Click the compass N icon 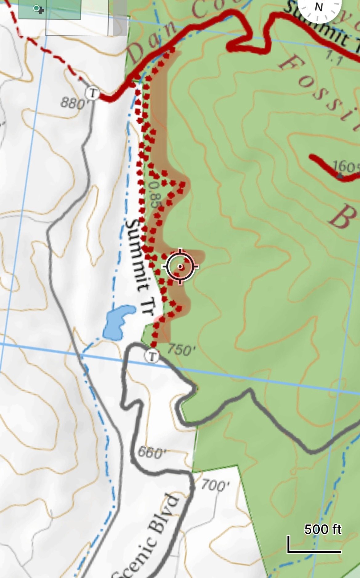(x=319, y=7)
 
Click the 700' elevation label (x=216, y=486)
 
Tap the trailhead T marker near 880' (x=92, y=93)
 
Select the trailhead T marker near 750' (x=152, y=357)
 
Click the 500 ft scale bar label (x=323, y=529)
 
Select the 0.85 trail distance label (x=154, y=193)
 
